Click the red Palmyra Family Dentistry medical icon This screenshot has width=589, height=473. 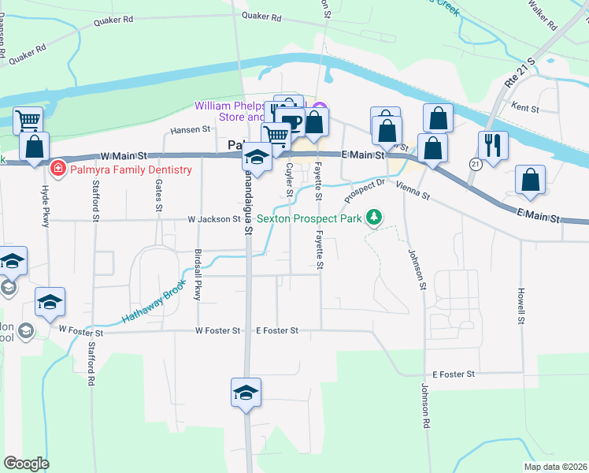tap(57, 169)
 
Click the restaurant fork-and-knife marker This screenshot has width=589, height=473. tap(493, 146)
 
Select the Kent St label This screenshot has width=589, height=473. tap(524, 107)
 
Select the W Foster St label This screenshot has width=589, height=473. tap(217, 331)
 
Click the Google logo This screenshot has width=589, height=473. tap(26, 464)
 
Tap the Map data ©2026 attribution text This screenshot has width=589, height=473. tap(554, 467)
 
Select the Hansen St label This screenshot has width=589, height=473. tap(191, 129)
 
